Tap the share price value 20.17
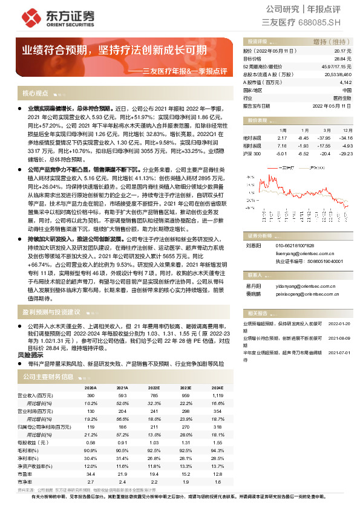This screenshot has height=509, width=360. point(344,51)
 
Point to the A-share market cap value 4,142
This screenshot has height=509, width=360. point(345,82)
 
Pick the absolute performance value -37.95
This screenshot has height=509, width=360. point(324,138)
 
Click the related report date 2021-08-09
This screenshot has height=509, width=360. point(340,339)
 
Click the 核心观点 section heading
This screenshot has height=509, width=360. point(35,94)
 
